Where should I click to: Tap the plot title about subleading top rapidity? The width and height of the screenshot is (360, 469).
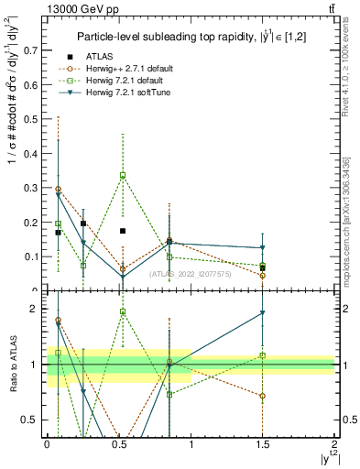point(189,36)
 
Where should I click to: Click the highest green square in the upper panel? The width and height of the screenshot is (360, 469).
point(123,175)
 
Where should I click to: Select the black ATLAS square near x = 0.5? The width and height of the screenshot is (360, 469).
point(123,231)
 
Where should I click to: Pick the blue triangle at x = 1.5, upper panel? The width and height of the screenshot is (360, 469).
point(263,248)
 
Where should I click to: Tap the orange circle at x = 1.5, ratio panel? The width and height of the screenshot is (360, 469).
point(263,397)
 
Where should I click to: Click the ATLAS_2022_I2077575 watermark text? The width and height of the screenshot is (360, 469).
point(191,274)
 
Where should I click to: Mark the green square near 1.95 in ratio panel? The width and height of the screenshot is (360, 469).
point(123,312)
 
